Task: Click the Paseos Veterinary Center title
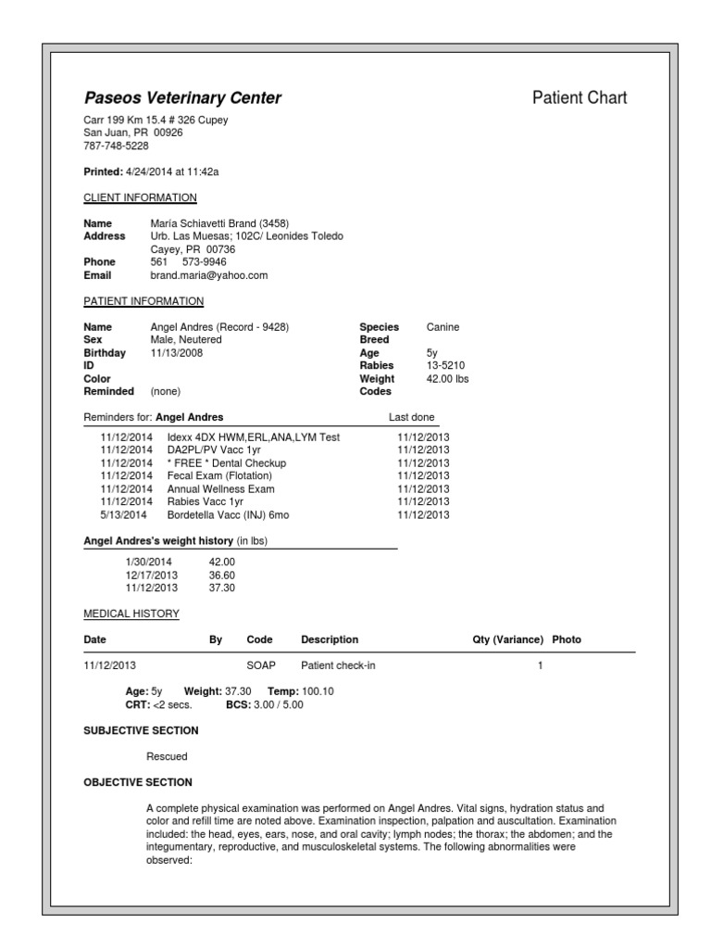182,98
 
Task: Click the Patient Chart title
580,97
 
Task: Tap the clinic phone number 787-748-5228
116,146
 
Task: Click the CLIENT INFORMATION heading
140,197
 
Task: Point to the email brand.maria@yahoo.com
208,275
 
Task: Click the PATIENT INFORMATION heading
143,301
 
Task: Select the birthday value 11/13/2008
176,353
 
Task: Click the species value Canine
443,327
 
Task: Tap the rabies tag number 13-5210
445,366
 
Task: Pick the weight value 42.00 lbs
448,379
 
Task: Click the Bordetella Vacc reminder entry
233,514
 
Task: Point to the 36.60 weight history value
222,575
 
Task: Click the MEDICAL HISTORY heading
131,614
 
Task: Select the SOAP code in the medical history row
260,665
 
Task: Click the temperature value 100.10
318,691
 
